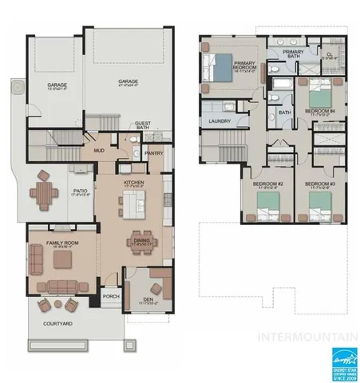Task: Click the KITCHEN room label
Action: tap(133, 183)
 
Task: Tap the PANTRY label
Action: tap(154, 153)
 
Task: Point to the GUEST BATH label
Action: tap(143, 125)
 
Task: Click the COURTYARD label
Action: tap(57, 323)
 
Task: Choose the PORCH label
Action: tap(110, 296)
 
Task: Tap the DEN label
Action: tap(148, 301)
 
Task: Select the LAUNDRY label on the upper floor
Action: tap(219, 120)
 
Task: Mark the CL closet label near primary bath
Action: tap(329, 55)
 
